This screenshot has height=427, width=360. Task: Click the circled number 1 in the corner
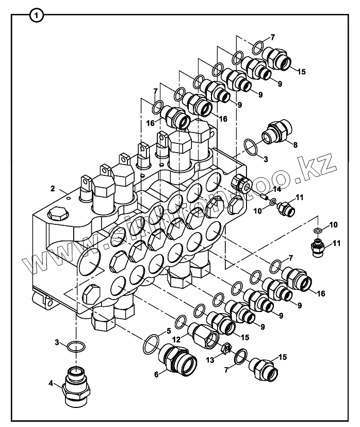click(37, 16)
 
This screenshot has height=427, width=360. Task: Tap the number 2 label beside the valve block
click(53, 189)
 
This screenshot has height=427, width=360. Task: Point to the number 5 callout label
click(169, 331)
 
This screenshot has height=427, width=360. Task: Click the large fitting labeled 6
click(177, 359)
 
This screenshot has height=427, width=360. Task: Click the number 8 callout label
click(295, 145)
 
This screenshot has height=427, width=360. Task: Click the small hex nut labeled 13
click(225, 349)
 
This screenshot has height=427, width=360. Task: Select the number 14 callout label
click(277, 189)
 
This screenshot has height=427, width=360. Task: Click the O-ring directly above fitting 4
click(76, 346)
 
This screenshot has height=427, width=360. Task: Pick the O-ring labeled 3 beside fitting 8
click(251, 147)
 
